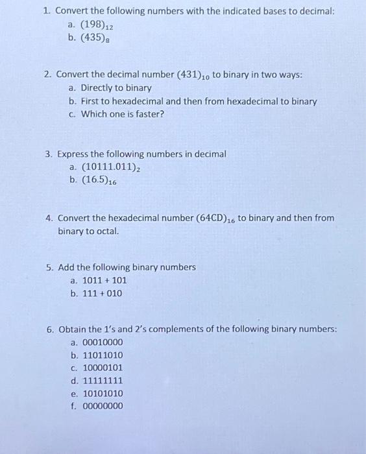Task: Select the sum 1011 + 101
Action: (x=104, y=280)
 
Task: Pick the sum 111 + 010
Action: (x=102, y=293)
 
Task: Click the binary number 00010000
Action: (x=103, y=342)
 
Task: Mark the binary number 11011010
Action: (x=103, y=355)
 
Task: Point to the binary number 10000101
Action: (x=103, y=368)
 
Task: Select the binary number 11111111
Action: (x=103, y=381)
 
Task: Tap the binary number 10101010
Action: (x=103, y=394)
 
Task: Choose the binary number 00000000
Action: (x=103, y=407)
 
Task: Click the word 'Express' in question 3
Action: (x=74, y=154)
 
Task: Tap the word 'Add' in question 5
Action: (x=66, y=267)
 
